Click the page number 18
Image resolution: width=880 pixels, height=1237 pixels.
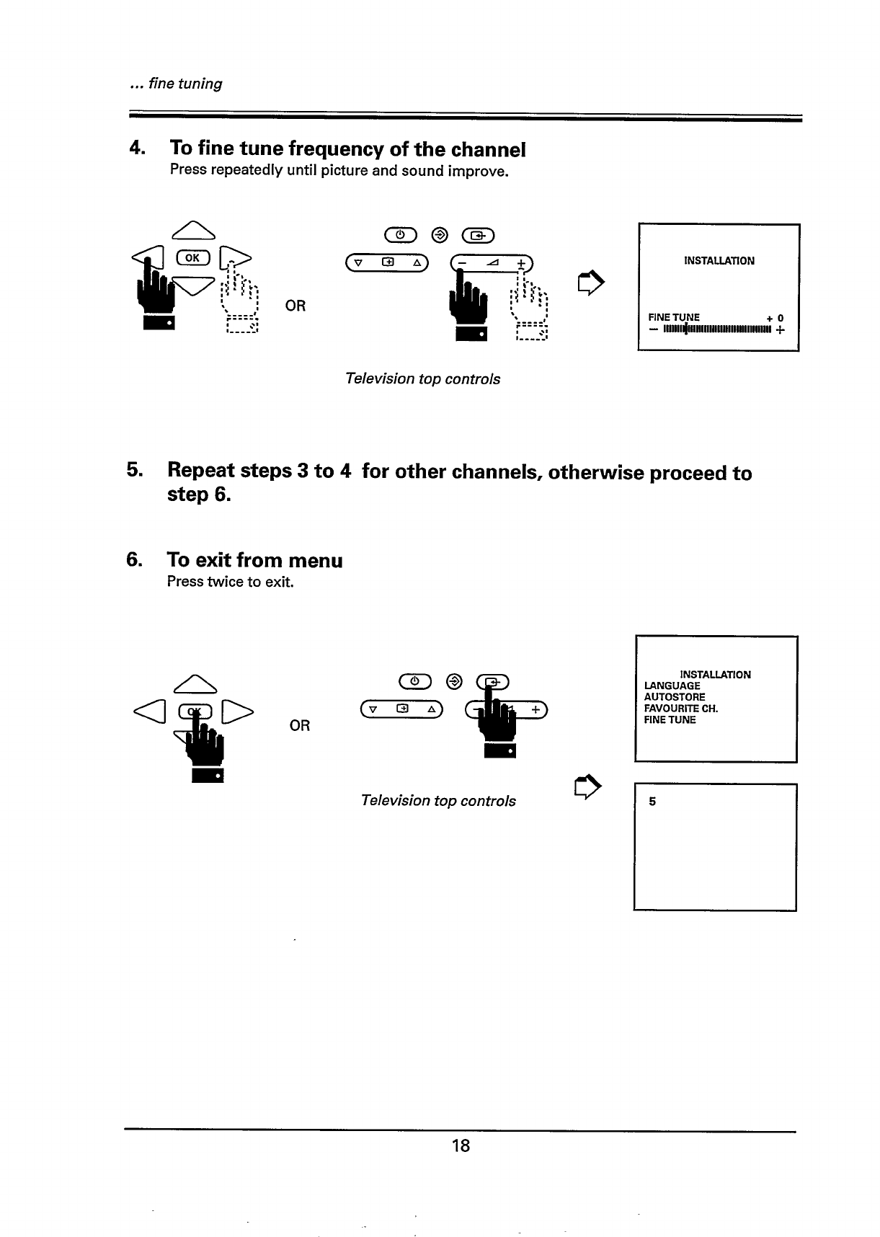click(461, 1145)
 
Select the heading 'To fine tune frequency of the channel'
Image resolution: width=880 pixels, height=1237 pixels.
click(347, 149)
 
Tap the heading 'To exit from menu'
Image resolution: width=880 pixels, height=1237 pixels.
click(254, 560)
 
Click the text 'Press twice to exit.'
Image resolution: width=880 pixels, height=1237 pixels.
click(230, 582)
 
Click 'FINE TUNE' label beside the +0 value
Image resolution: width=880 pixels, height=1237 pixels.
click(674, 317)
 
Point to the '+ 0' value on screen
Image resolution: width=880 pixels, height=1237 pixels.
click(775, 318)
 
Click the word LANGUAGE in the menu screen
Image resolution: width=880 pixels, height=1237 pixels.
click(672, 686)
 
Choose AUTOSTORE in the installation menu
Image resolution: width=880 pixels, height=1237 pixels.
click(675, 697)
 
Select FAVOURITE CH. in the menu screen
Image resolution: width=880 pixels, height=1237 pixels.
click(680, 709)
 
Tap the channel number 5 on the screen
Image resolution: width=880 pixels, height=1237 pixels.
click(652, 801)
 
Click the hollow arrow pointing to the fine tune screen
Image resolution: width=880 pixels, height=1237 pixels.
click(590, 281)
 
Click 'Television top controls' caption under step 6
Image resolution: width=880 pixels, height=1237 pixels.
click(438, 801)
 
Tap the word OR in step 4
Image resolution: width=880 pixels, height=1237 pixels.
click(295, 306)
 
